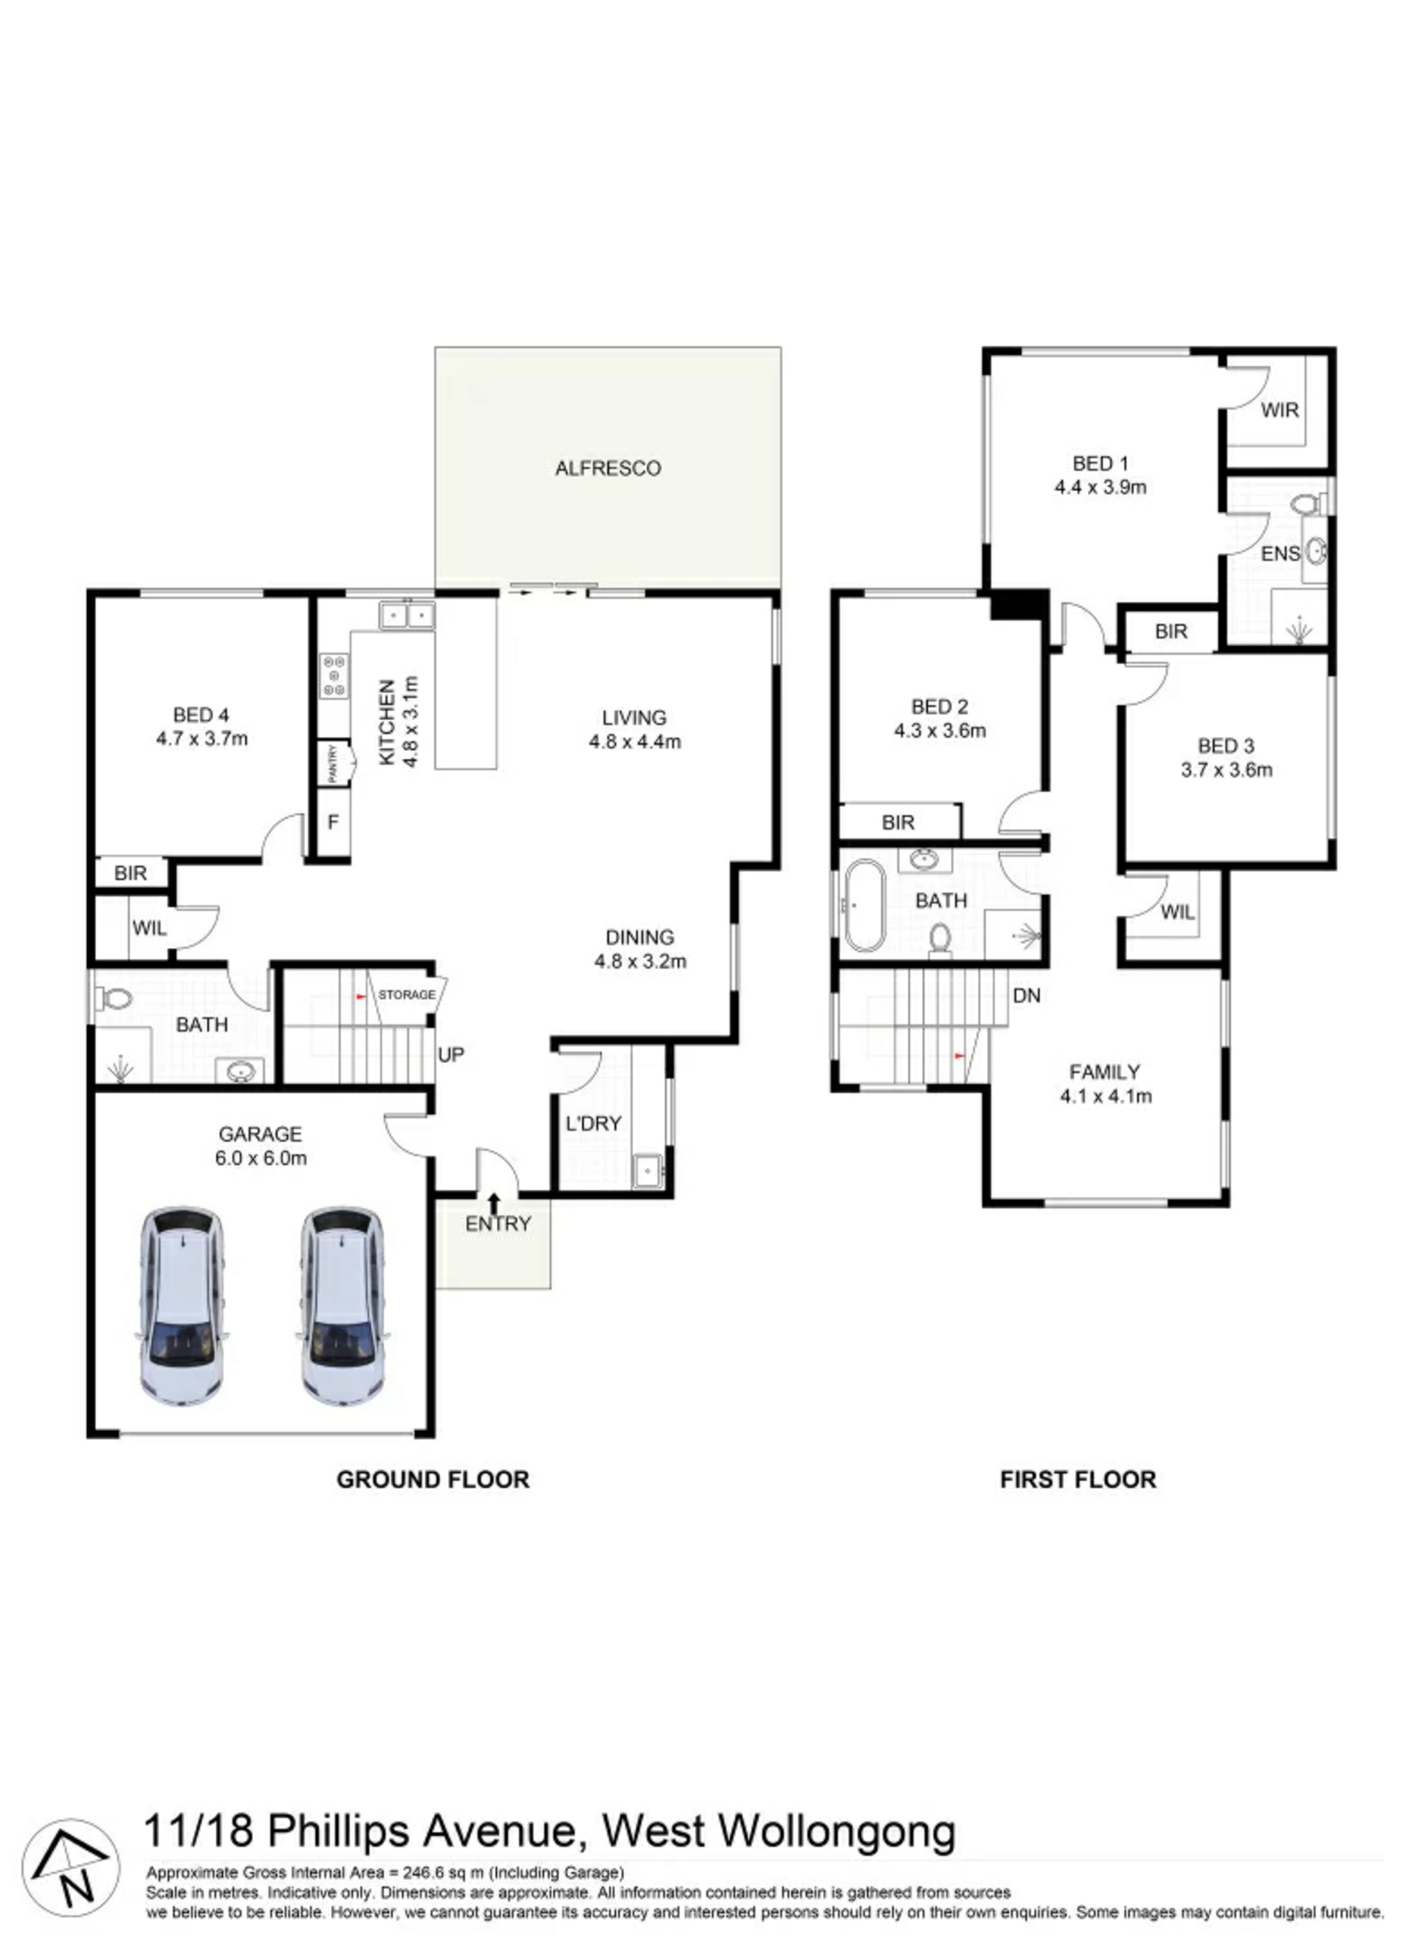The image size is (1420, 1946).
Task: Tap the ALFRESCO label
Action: [608, 468]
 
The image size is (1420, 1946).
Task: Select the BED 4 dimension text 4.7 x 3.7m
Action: [201, 738]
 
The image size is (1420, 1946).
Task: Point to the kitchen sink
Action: [406, 614]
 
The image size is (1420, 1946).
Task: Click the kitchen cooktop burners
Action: [335, 676]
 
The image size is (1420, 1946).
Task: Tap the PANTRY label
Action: [333, 763]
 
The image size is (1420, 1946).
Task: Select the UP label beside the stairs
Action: [451, 1055]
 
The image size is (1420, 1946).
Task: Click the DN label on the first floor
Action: [1026, 995]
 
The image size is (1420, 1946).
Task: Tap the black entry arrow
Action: [494, 1204]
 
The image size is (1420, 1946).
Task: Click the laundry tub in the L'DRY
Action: [649, 1170]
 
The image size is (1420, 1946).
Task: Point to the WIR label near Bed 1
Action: [1279, 410]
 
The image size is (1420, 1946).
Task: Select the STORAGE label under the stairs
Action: [406, 994]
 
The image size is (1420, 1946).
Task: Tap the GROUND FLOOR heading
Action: [432, 1479]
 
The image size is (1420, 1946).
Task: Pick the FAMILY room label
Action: [1104, 1072]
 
